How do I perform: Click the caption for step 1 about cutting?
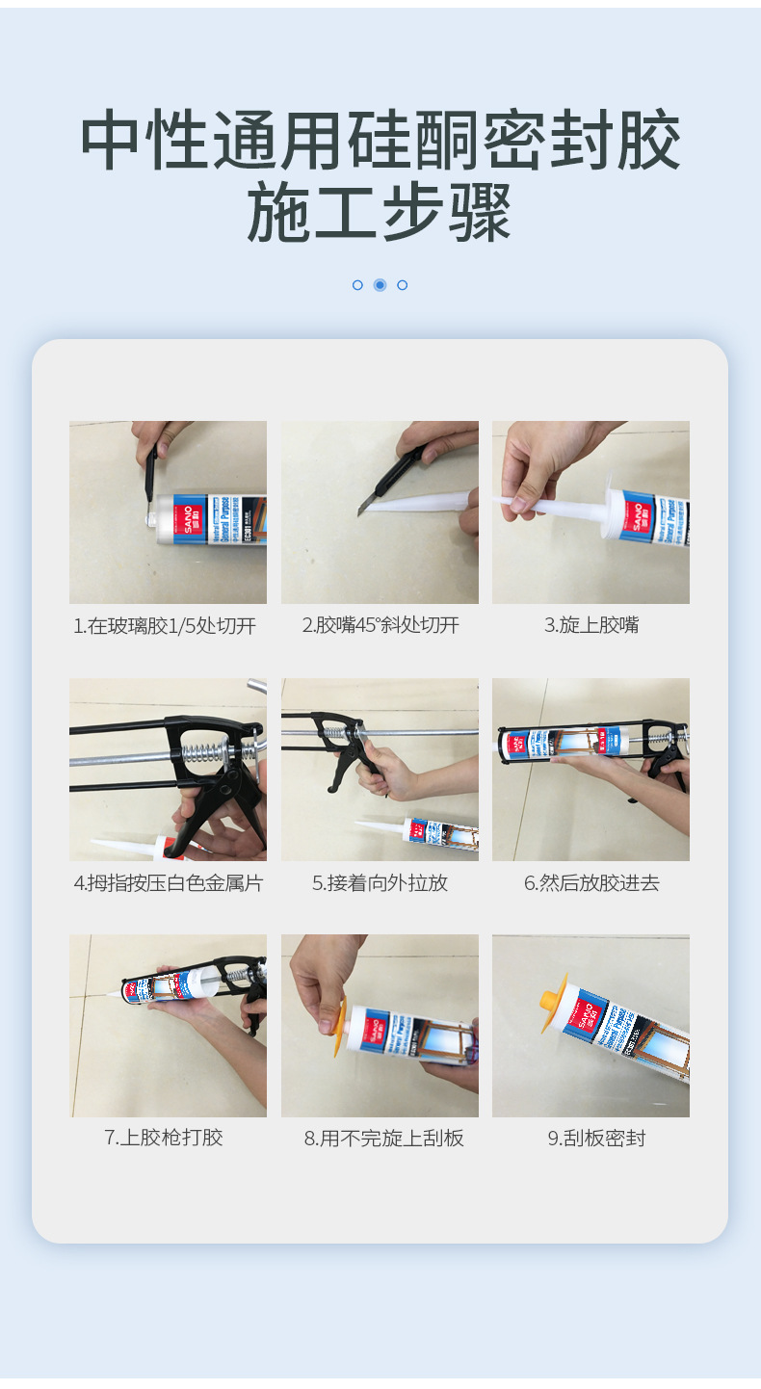click(x=165, y=626)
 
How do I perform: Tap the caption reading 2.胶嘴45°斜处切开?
click(x=380, y=626)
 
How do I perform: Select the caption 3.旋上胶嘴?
click(x=591, y=626)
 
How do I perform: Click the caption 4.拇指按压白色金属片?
click(x=168, y=883)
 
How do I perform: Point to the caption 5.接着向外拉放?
click(x=380, y=883)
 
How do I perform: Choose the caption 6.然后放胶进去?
click(x=591, y=883)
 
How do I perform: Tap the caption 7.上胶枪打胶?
click(x=164, y=1139)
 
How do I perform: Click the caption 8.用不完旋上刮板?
click(x=383, y=1140)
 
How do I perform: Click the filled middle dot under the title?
click(x=380, y=285)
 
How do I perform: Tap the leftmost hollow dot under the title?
click(x=357, y=285)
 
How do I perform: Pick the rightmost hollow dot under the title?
click(x=403, y=285)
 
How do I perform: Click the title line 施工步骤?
click(x=380, y=212)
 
